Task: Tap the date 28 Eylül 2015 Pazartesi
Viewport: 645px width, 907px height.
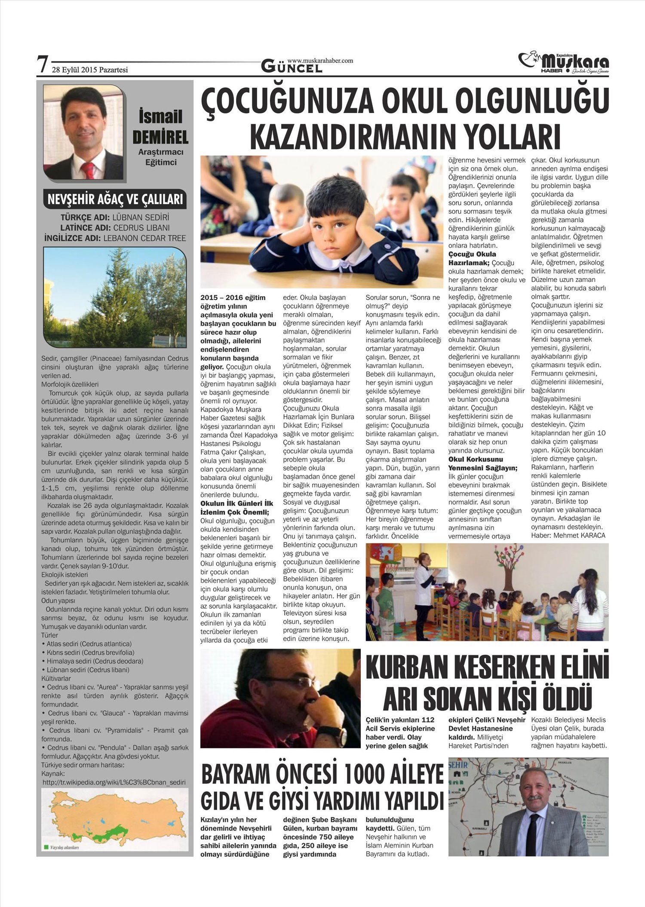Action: tap(90, 70)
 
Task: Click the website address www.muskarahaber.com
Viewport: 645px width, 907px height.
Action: tap(320, 61)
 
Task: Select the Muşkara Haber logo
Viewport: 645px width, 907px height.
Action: tap(563, 63)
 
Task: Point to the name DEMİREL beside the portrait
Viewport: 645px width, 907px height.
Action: tap(160, 137)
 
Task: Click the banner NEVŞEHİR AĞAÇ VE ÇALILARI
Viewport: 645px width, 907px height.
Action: tap(115, 199)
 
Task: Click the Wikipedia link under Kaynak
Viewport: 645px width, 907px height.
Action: tap(114, 782)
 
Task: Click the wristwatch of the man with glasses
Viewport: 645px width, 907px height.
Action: tap(339, 735)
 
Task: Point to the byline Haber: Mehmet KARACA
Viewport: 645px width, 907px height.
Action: tap(568, 535)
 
